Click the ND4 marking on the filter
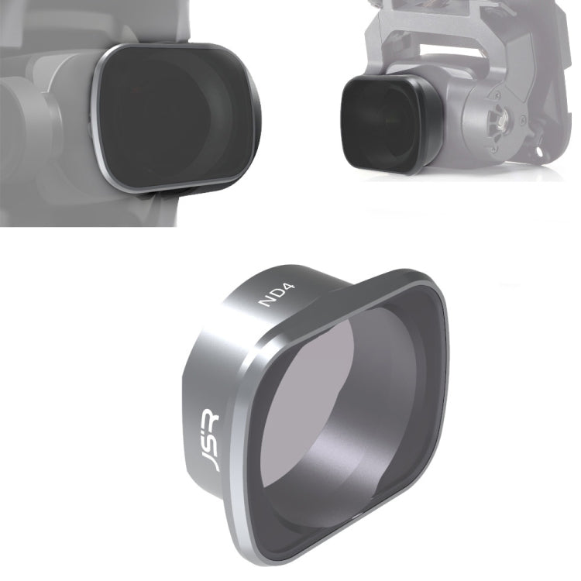tap(276, 294)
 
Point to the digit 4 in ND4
tap(288, 288)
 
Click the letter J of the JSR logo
tap(212, 463)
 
